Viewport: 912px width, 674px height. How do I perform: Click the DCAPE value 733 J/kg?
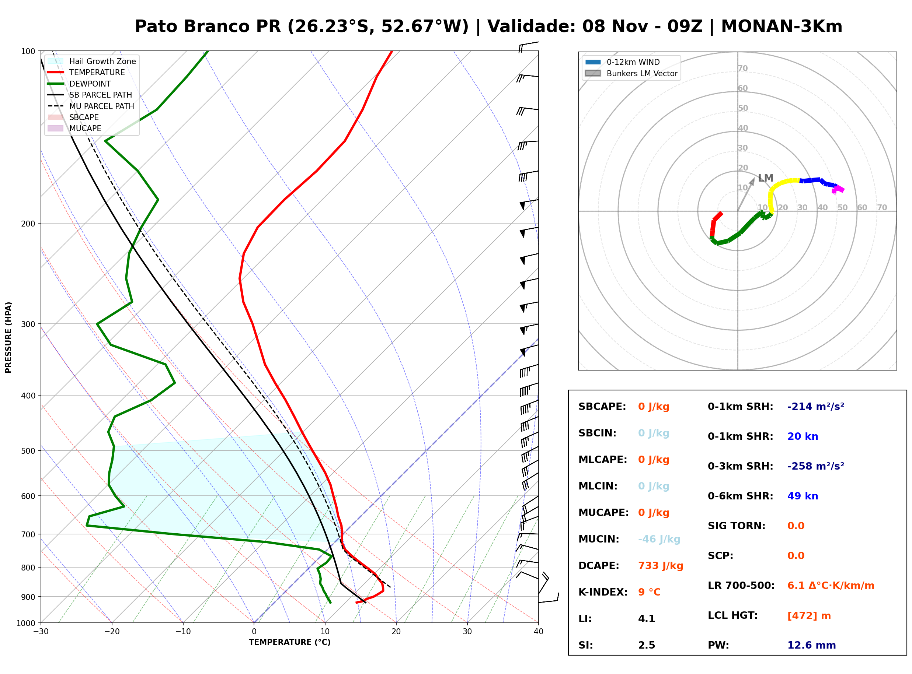(x=661, y=566)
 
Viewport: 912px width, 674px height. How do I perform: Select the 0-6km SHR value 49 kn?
(x=803, y=496)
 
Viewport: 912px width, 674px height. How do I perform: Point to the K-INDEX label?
(x=603, y=592)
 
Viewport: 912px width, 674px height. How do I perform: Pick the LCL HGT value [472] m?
(x=809, y=616)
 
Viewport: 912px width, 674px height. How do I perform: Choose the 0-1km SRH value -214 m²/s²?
(x=816, y=407)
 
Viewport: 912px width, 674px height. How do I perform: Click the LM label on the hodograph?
(x=765, y=178)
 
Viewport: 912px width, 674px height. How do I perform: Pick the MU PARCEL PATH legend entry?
(x=91, y=106)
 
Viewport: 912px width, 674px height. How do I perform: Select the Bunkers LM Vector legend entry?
(x=631, y=73)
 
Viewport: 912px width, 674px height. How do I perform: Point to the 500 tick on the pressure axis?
(x=28, y=451)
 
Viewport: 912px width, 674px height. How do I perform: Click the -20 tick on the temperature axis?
(x=112, y=632)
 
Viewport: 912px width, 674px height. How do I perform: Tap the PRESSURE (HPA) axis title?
(x=8, y=337)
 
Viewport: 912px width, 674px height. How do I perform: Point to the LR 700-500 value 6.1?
(x=796, y=586)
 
